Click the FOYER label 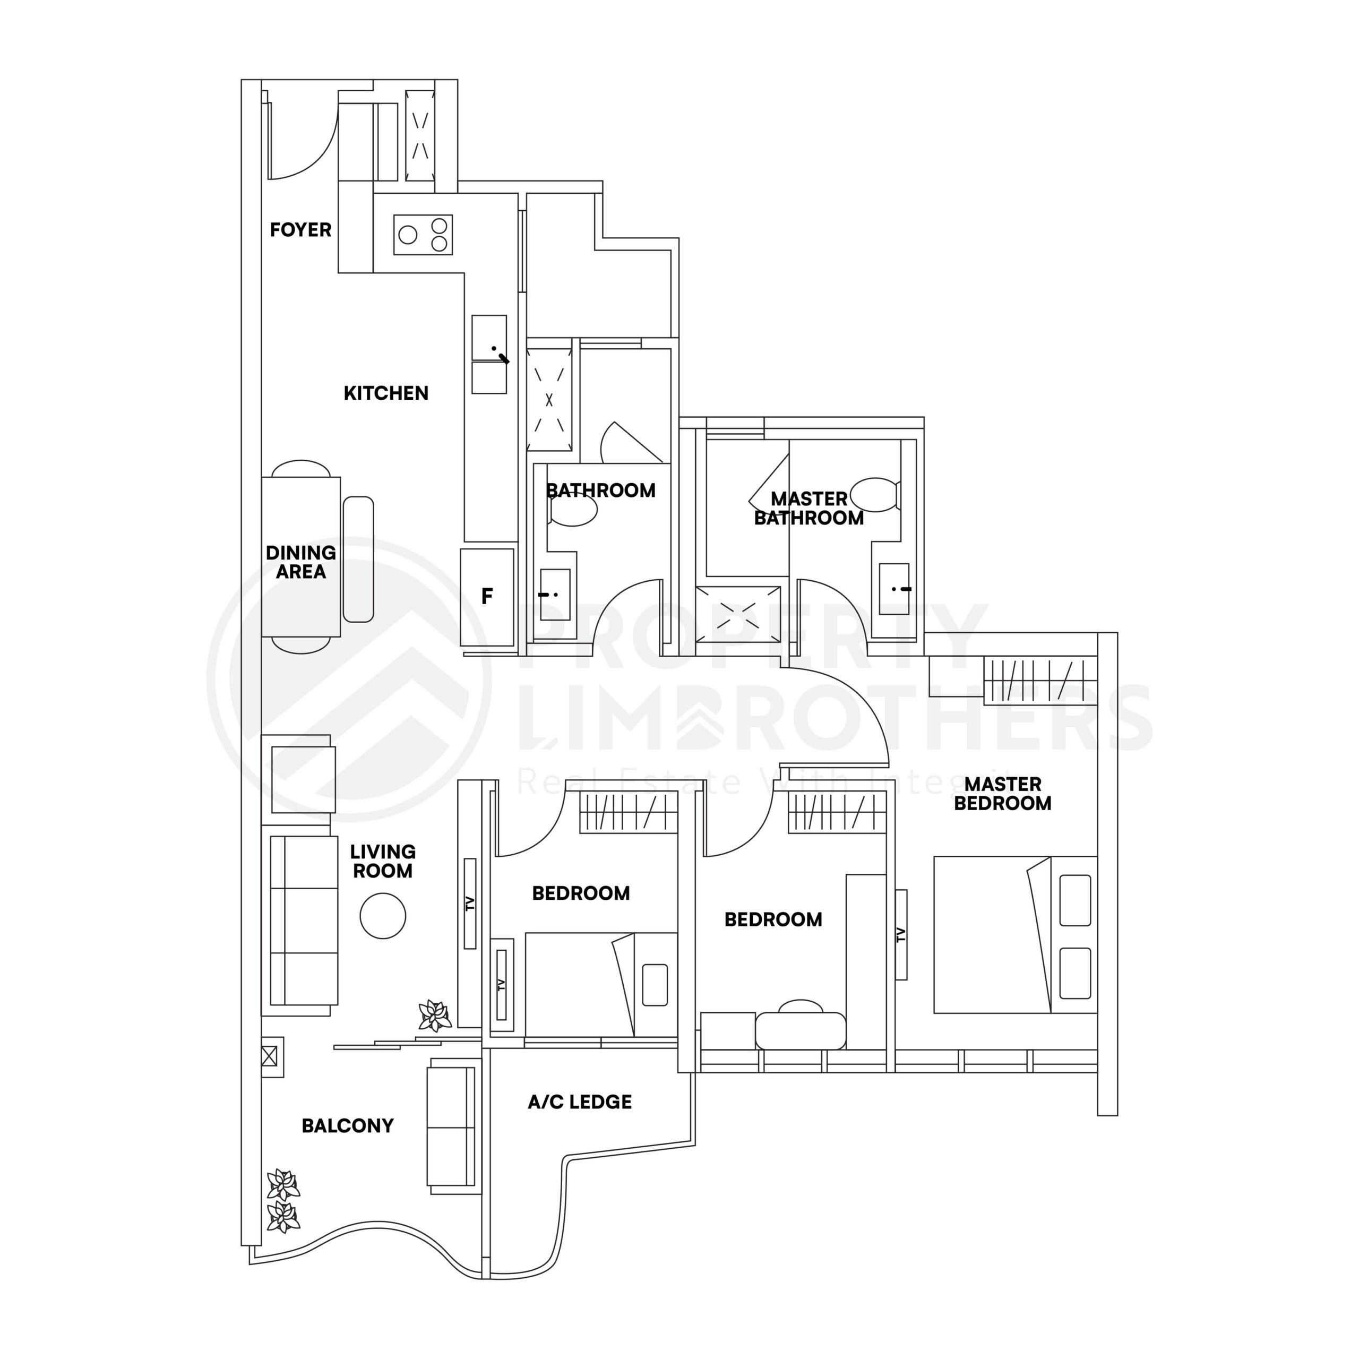pyautogui.click(x=300, y=230)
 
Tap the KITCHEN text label pyautogui.click(x=385, y=393)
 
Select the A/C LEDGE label pyautogui.click(x=580, y=1102)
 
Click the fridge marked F pyautogui.click(x=487, y=597)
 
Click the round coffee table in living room pyautogui.click(x=383, y=915)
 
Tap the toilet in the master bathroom pyautogui.click(x=874, y=495)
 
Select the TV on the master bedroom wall pyautogui.click(x=901, y=935)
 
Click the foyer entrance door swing pyautogui.click(x=303, y=144)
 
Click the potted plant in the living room pyautogui.click(x=434, y=1016)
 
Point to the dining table pyautogui.click(x=301, y=557)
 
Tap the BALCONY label pyautogui.click(x=348, y=1125)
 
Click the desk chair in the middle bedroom pyautogui.click(x=801, y=1007)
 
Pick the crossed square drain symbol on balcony pyautogui.click(x=269, y=1056)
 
